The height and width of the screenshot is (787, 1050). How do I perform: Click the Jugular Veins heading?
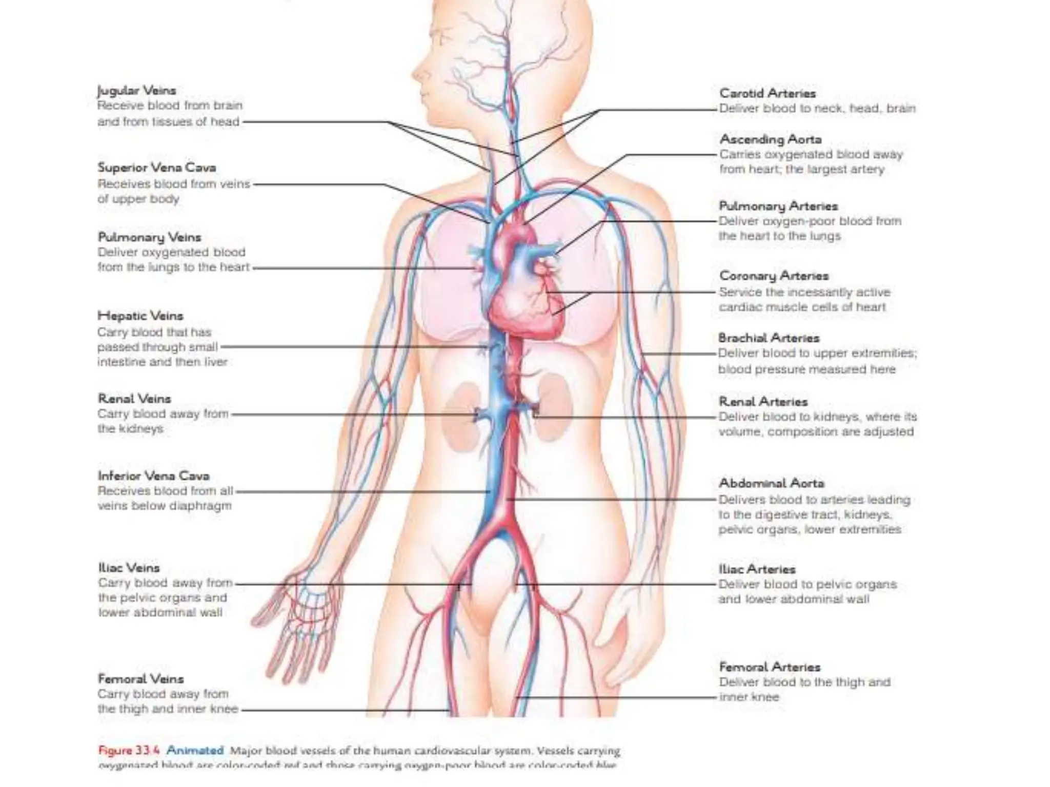pyautogui.click(x=136, y=91)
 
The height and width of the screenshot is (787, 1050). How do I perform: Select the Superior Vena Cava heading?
pyautogui.click(x=157, y=168)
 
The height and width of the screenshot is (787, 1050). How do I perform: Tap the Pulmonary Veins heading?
pyautogui.click(x=150, y=237)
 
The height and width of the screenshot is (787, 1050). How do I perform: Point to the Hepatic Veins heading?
pyautogui.click(x=140, y=316)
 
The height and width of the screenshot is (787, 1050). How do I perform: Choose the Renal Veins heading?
pyautogui.click(x=134, y=399)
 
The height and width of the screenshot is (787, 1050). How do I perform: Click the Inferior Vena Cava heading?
pyautogui.click(x=154, y=475)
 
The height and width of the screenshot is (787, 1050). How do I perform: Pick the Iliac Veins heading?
pyautogui.click(x=129, y=568)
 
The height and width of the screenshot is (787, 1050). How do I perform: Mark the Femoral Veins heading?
pyautogui.click(x=140, y=679)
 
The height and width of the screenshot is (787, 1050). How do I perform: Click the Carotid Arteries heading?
pyautogui.click(x=768, y=93)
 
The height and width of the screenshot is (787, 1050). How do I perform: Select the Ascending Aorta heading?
pyautogui.click(x=771, y=139)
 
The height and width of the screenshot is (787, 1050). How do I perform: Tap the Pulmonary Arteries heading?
pyautogui.click(x=778, y=206)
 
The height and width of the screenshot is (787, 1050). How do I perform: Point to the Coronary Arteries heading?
pyautogui.click(x=774, y=276)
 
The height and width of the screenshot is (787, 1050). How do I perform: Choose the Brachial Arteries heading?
pyautogui.click(x=769, y=338)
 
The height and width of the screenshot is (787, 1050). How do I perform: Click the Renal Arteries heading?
pyautogui.click(x=763, y=402)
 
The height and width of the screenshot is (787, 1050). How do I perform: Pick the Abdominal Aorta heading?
pyautogui.click(x=771, y=483)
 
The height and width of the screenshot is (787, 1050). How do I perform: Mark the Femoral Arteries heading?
pyautogui.click(x=770, y=667)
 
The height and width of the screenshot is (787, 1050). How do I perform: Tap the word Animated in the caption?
pyautogui.click(x=195, y=751)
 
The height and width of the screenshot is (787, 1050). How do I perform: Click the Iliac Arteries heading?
pyautogui.click(x=757, y=569)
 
